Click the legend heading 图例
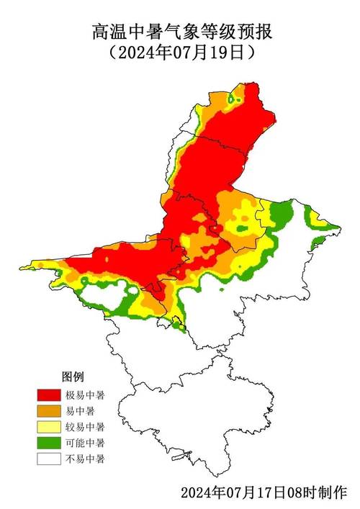(x=73, y=377)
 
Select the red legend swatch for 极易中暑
(x=49, y=395)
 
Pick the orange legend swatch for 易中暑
(x=49, y=411)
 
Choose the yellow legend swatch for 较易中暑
(x=49, y=427)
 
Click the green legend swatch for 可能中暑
(x=49, y=443)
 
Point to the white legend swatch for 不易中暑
(x=49, y=459)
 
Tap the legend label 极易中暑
(x=85, y=395)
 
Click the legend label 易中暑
(x=81, y=411)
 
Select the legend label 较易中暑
(x=85, y=427)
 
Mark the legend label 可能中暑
(x=85, y=443)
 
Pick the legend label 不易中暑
(x=85, y=459)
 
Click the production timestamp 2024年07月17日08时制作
(x=264, y=493)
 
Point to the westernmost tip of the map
(x=21, y=269)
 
